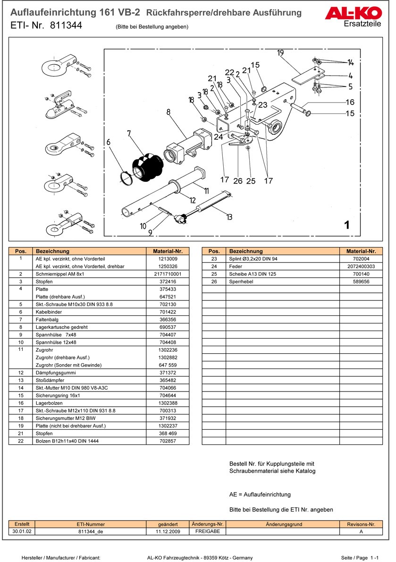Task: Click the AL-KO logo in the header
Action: click(x=353, y=13)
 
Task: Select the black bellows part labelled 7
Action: click(x=146, y=166)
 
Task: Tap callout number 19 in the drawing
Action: click(x=280, y=52)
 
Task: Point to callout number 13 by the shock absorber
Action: click(x=229, y=217)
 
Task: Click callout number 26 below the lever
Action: click(x=237, y=180)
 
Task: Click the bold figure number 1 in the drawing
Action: click(x=347, y=225)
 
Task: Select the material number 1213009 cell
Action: click(x=168, y=259)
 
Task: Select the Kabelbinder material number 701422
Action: click(x=168, y=312)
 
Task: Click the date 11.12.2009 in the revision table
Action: click(x=168, y=531)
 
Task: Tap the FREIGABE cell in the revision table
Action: click(x=208, y=531)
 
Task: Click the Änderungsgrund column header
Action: click(x=284, y=524)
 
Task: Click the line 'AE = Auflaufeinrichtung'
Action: click(x=260, y=494)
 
